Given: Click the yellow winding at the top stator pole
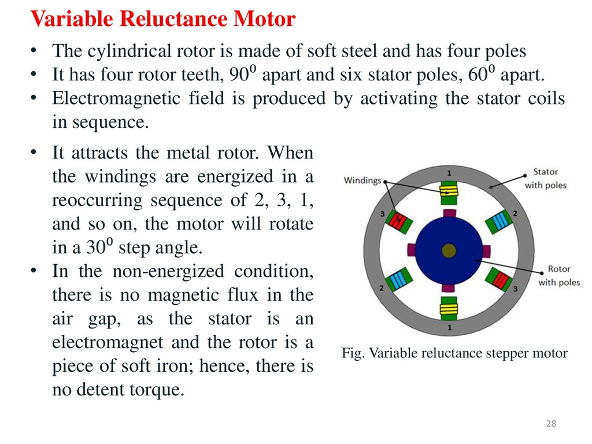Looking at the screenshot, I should click(x=449, y=191).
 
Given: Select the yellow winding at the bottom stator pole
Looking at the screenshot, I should click(x=449, y=309).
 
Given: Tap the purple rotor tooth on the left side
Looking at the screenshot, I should click(x=412, y=250).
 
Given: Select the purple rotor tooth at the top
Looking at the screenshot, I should click(x=449, y=214).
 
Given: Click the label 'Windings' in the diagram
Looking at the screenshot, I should click(x=362, y=180).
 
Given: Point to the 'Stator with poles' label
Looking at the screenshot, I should click(x=545, y=179).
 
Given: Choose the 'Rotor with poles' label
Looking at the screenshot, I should click(x=558, y=276).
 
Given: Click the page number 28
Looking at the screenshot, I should click(x=551, y=424).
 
